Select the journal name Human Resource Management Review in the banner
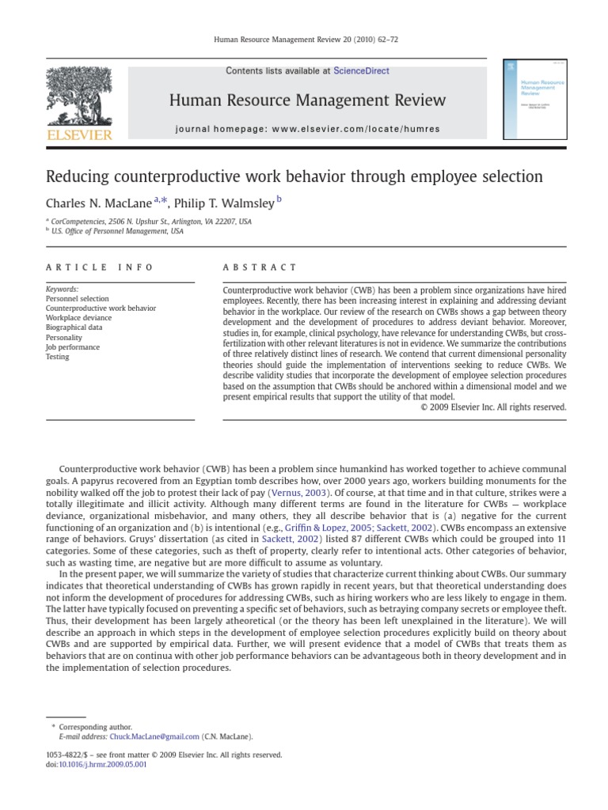307,100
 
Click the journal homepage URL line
308,129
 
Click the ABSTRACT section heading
260,267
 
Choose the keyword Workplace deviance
79,318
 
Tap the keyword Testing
58,357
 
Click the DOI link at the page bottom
116,764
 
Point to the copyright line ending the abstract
493,407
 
